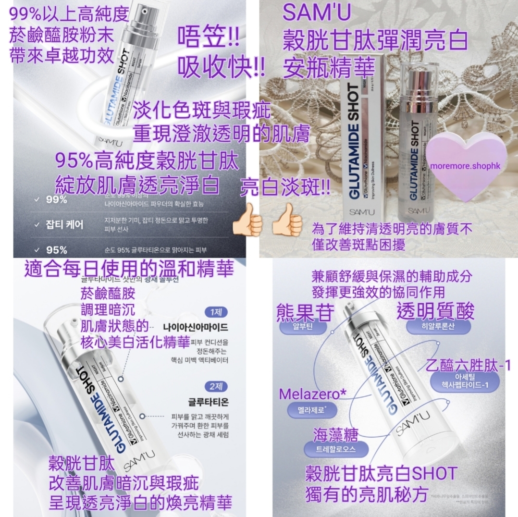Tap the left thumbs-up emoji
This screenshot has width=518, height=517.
(x=247, y=220)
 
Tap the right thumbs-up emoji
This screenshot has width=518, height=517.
(x=287, y=220)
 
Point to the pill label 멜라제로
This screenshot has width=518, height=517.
(x=312, y=411)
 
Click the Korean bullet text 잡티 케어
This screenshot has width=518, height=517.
(x=65, y=224)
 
